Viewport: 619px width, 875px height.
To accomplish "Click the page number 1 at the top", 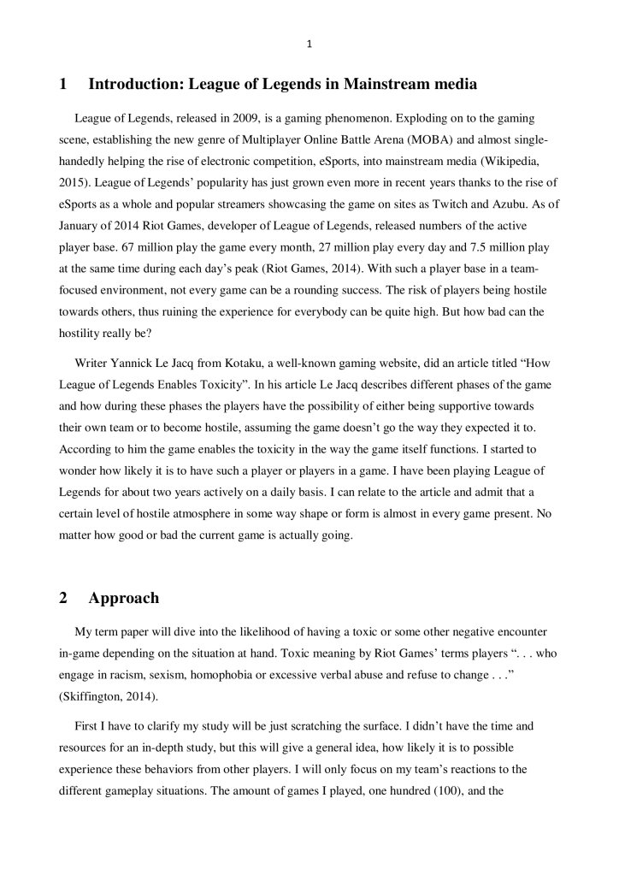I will click(309, 45).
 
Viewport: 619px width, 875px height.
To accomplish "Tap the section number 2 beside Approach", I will click(64, 598).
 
